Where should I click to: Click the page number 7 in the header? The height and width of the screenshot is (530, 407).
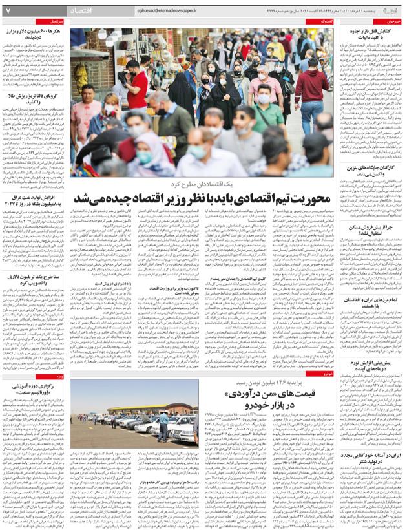(8, 11)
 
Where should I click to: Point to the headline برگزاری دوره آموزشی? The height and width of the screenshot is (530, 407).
(36, 388)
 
